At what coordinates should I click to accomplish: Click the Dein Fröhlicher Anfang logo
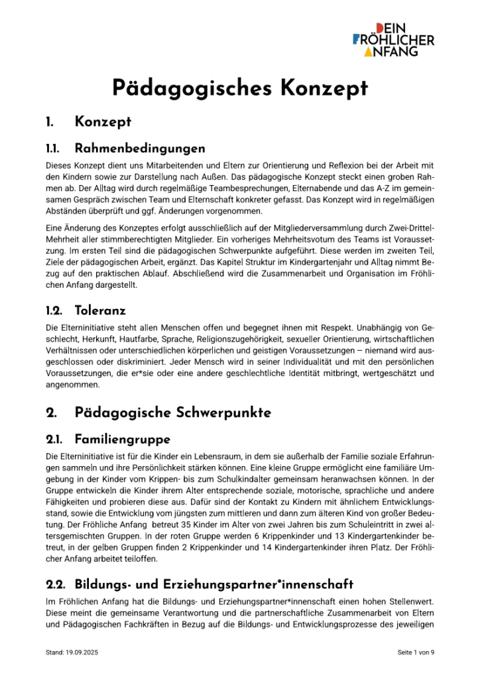tap(393, 39)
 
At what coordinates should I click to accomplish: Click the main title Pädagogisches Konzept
tap(239, 88)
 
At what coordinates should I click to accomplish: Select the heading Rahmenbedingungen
tap(140, 147)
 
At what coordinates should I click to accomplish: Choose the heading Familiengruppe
tap(123, 439)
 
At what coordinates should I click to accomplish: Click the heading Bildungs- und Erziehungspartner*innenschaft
tap(214, 584)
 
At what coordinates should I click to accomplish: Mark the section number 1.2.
tap(54, 310)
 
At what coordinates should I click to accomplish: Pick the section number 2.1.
tap(54, 439)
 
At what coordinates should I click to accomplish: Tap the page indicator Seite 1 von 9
tap(416, 652)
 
